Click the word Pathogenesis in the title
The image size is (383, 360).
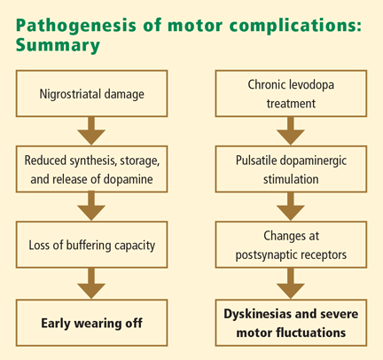coord(76,26)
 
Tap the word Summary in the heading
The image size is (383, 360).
coord(58,45)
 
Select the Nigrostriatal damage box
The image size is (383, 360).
coord(91,93)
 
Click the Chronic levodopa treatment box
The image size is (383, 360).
coord(291,93)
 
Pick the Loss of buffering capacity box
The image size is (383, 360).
coord(91,245)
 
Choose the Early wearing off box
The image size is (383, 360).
coord(91,323)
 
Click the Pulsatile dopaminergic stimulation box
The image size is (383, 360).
coord(291,169)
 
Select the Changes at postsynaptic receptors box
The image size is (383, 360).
coord(291,245)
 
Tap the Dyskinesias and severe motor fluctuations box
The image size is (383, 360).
coord(291,323)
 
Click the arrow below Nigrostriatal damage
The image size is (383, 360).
coord(91,131)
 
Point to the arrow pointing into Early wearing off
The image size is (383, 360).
coord(91,284)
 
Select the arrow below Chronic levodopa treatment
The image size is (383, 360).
coord(291,131)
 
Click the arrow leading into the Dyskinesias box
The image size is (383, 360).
coord(291,284)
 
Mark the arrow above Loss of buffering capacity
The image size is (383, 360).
coord(91,207)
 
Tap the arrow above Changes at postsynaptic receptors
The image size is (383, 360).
coord(291,207)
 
